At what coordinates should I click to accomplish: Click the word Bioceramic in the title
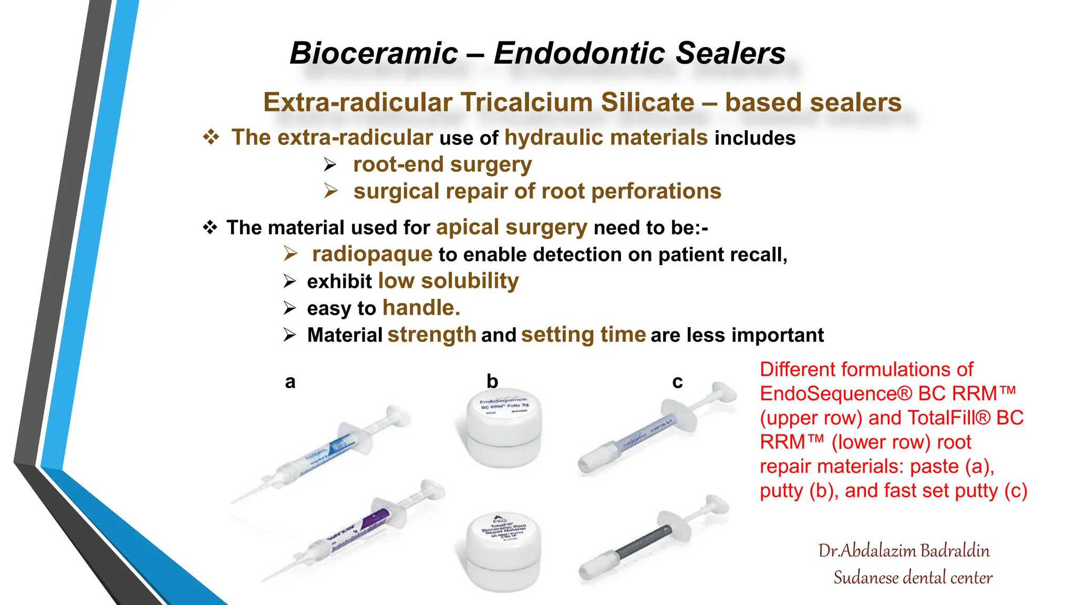pos(374,54)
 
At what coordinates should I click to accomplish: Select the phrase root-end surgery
pos(442,165)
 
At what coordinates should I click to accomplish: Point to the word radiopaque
pos(372,255)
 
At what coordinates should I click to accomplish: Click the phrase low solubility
pos(448,281)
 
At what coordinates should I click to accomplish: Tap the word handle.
pos(421,308)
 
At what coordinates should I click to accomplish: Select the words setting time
pos(583,335)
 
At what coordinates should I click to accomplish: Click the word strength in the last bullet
pos(432,335)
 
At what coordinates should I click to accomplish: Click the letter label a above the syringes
pos(290,382)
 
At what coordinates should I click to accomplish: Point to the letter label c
pos(677,382)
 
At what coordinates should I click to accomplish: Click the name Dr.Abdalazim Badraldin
pos(904,551)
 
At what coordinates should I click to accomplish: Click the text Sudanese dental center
pos(913,578)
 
